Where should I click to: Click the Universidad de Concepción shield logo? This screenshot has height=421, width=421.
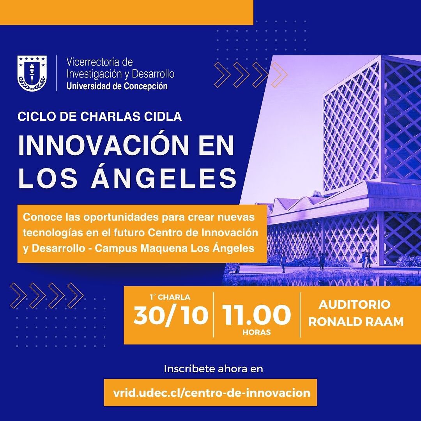(32, 73)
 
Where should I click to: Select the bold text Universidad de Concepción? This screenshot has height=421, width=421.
(117, 86)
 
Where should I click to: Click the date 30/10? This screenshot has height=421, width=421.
(171, 315)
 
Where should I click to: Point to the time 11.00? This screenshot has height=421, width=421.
(256, 315)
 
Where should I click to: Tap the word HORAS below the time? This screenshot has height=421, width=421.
(256, 332)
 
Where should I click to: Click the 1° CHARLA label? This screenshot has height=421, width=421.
(170, 297)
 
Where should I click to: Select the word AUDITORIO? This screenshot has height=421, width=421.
(354, 304)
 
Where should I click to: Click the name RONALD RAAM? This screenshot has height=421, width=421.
(356, 322)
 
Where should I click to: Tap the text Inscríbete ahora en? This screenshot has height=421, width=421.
(214, 369)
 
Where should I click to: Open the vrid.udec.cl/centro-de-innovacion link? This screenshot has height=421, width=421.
(212, 393)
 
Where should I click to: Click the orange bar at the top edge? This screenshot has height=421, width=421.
(126, 12)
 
